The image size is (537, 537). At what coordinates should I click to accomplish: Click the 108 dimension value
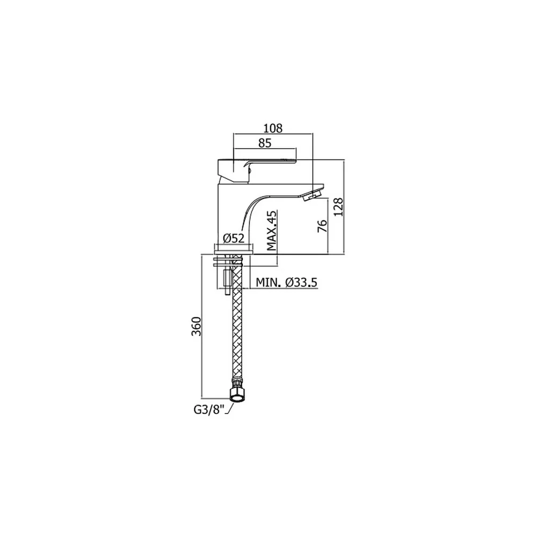[x=273, y=128]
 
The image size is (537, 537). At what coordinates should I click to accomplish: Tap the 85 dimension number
[x=265, y=143]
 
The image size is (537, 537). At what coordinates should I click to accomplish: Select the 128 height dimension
[x=338, y=207]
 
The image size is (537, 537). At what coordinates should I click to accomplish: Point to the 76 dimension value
[x=322, y=227]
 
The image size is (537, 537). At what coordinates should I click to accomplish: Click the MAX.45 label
[x=272, y=230]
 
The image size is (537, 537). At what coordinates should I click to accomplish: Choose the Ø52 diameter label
[x=234, y=238]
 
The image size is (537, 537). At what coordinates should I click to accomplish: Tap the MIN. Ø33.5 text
[x=287, y=282]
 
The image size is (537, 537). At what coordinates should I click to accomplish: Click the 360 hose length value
[x=196, y=326]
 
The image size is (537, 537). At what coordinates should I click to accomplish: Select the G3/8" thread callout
[x=208, y=410]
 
